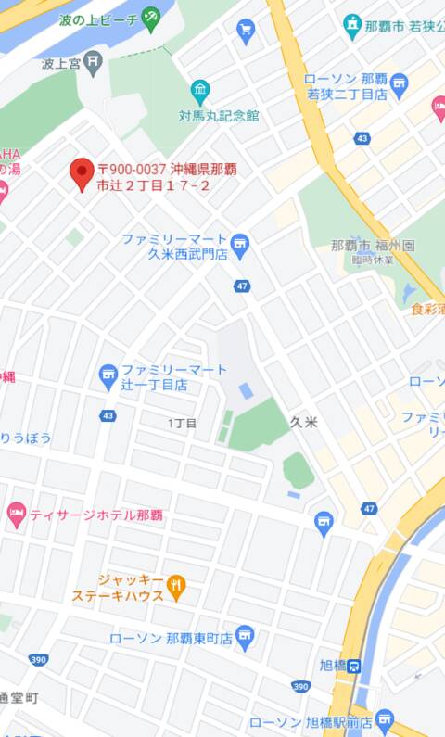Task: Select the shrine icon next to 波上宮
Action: (x=93, y=62)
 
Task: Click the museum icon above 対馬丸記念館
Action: (x=200, y=91)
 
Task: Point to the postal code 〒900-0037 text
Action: (x=132, y=170)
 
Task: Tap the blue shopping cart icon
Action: (x=246, y=31)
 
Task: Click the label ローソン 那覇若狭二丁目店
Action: (x=345, y=86)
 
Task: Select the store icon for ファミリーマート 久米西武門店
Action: (x=241, y=245)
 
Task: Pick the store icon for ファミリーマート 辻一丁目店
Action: (x=108, y=375)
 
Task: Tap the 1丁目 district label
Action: (x=182, y=423)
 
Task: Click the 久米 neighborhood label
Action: (x=303, y=422)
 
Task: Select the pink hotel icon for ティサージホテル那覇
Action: (x=16, y=513)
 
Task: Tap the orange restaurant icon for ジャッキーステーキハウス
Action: (x=177, y=586)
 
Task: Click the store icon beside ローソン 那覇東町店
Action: (x=244, y=637)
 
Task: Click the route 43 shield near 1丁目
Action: (x=109, y=415)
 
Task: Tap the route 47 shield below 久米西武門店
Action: (x=242, y=286)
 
